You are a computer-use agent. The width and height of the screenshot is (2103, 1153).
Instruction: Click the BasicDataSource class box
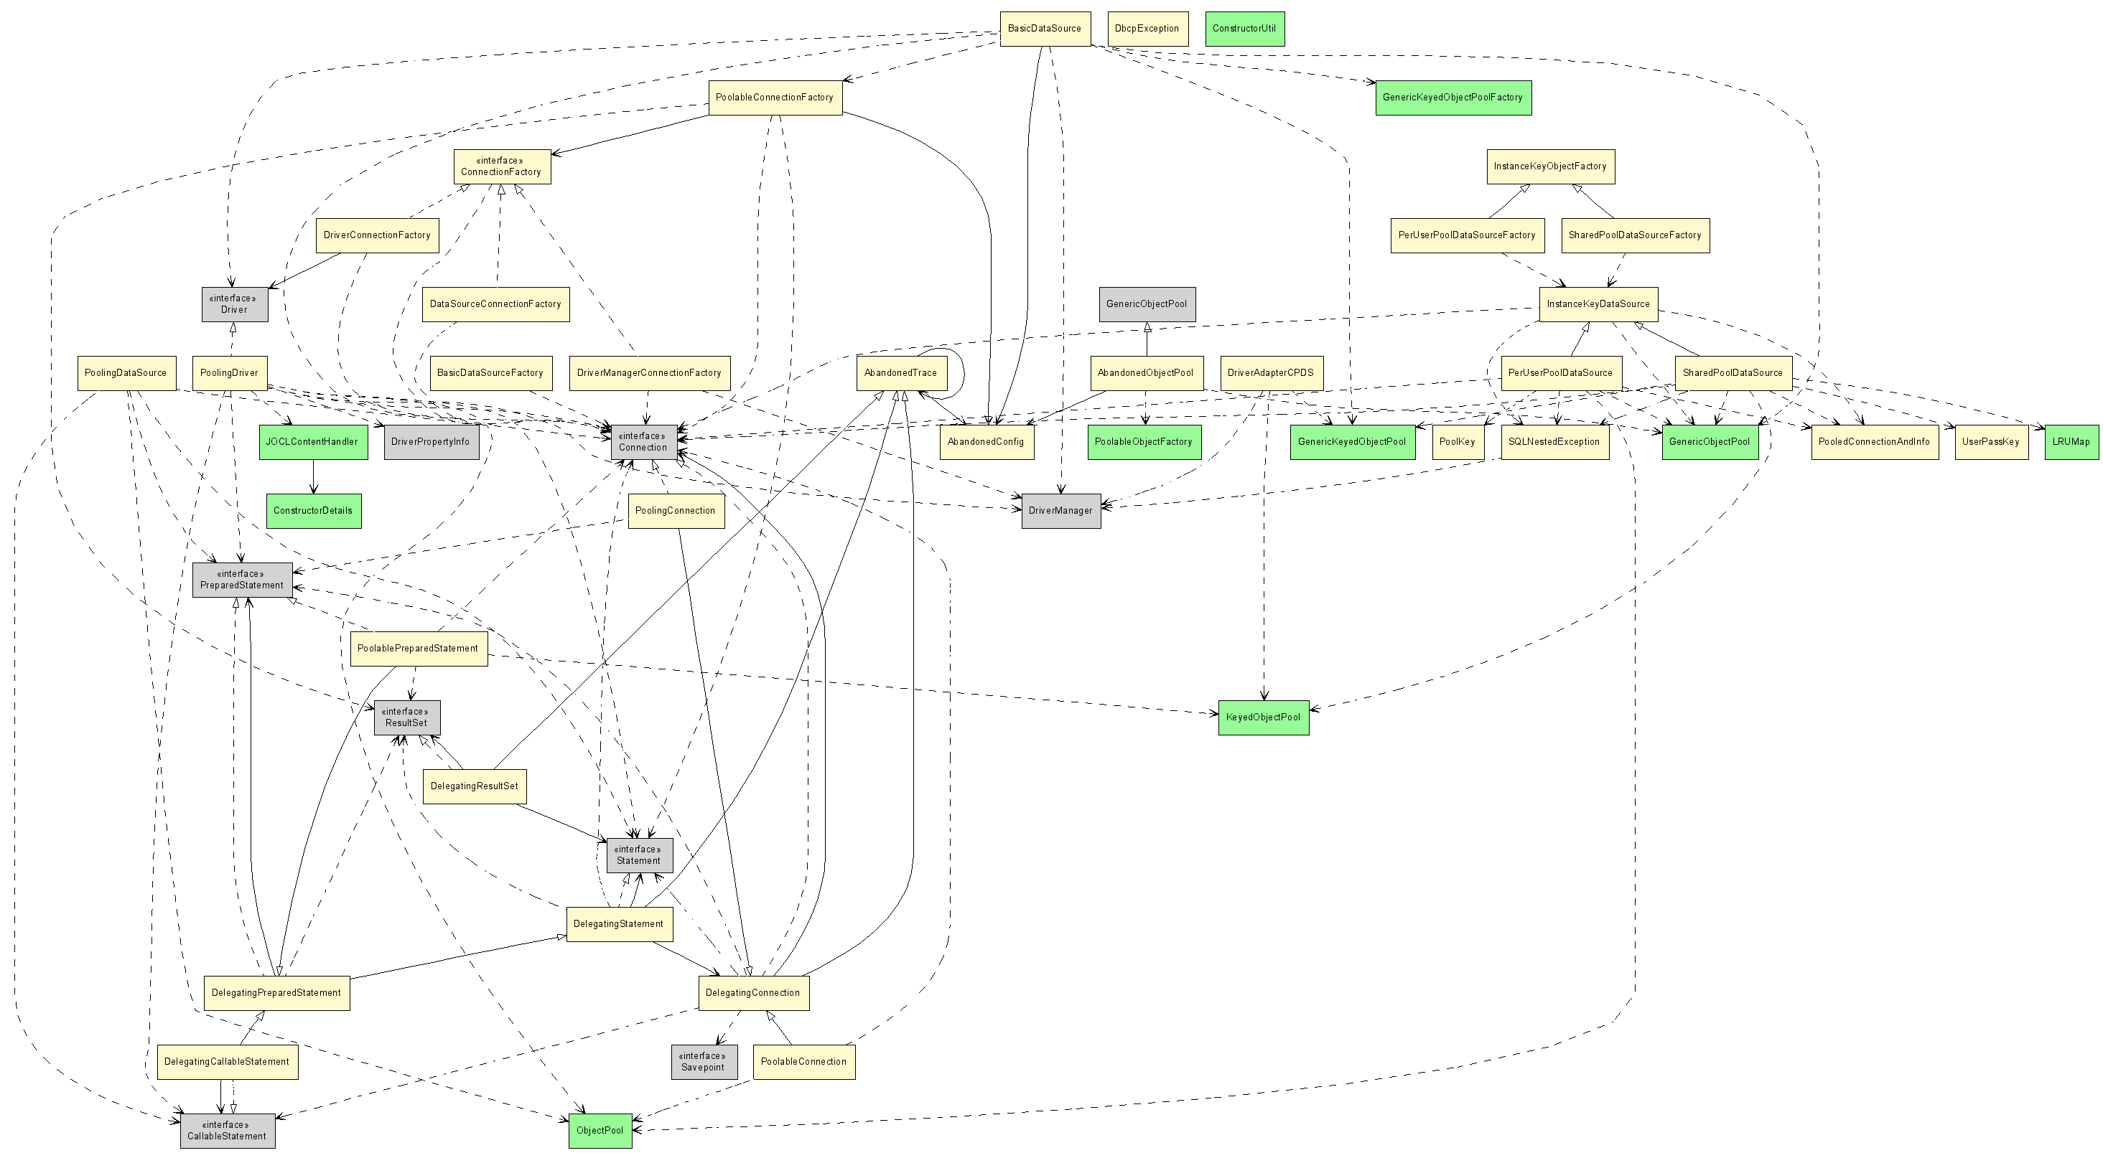pyautogui.click(x=1045, y=29)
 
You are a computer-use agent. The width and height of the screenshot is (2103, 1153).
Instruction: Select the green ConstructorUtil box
pyautogui.click(x=1245, y=29)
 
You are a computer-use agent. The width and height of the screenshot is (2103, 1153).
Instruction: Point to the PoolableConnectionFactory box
pyautogui.click(x=775, y=98)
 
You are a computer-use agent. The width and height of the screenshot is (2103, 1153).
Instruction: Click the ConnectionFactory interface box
pyautogui.click(x=502, y=166)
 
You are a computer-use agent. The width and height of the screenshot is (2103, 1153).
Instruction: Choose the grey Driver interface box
pyautogui.click(x=234, y=304)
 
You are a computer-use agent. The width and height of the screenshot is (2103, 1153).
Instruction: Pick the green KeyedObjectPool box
pyautogui.click(x=1263, y=717)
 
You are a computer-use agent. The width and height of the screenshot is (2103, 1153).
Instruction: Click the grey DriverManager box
pyautogui.click(x=1060, y=511)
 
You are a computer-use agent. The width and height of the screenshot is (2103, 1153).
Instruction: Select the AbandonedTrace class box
pyautogui.click(x=901, y=373)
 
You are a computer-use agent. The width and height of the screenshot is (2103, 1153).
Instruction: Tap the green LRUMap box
pyautogui.click(x=2071, y=442)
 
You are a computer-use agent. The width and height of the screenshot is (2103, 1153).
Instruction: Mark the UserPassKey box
pyautogui.click(x=1991, y=442)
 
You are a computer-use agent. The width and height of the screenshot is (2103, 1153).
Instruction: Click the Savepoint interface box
pyautogui.click(x=704, y=1062)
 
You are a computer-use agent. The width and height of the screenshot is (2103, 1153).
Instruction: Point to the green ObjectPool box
pyautogui.click(x=600, y=1131)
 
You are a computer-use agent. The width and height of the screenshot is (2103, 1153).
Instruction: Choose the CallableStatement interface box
pyautogui.click(x=227, y=1131)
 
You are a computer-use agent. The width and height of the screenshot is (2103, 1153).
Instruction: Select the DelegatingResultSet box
pyautogui.click(x=475, y=786)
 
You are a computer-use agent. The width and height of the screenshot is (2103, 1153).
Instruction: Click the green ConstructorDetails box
pyautogui.click(x=314, y=511)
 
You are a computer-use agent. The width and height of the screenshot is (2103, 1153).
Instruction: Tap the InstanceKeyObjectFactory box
pyautogui.click(x=1549, y=166)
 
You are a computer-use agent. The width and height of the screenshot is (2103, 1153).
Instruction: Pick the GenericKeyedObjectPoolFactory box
pyautogui.click(x=1452, y=98)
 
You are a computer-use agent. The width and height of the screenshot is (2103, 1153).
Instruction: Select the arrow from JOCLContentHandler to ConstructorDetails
pyautogui.click(x=314, y=476)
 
